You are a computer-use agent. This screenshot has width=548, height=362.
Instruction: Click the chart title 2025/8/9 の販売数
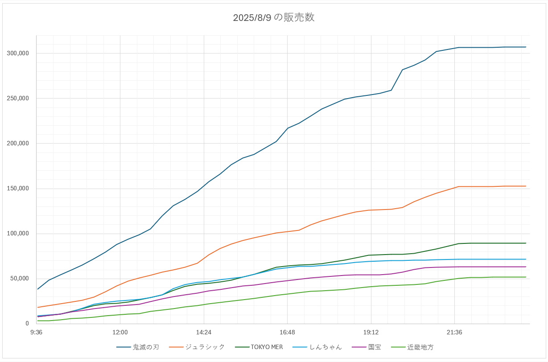pos(274,18)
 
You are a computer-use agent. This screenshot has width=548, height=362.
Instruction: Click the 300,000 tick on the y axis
pos(18,53)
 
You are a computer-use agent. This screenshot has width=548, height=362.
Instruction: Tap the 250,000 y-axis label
pos(18,99)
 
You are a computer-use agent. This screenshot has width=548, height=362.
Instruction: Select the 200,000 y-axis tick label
pos(18,144)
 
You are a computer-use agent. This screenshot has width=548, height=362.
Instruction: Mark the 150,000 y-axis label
pos(18,189)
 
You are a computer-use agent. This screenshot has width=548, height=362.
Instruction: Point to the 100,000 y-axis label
pos(18,234)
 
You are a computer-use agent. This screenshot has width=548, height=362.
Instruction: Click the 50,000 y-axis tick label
pos(20,279)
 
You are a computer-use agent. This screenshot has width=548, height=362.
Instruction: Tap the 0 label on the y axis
pos(27,324)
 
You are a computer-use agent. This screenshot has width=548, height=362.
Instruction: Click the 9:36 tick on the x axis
pos(37,332)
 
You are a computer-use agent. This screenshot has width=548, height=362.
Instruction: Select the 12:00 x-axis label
pos(120,332)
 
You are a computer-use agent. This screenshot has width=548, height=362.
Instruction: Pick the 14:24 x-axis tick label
pos(204,332)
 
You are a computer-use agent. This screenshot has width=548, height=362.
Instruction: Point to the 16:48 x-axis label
pos(287,332)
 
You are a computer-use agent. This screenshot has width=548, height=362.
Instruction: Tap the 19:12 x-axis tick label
pos(371,332)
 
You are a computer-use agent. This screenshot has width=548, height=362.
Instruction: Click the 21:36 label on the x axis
pos(454,332)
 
